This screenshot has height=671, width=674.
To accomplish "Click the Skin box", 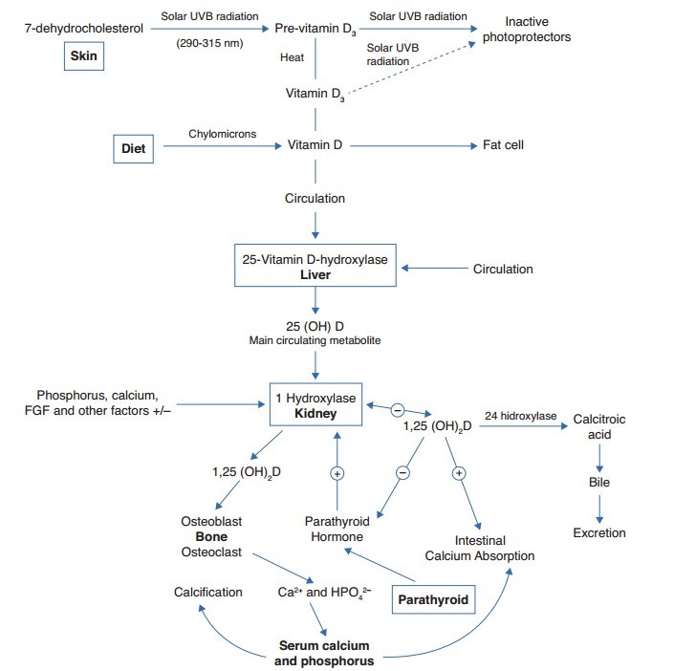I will click(85, 56).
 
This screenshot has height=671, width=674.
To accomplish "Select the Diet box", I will click(132, 148).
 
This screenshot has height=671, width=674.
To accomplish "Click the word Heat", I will click(292, 57).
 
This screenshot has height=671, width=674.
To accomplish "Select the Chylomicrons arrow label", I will click(223, 134).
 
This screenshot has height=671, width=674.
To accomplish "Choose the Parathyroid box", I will click(432, 599).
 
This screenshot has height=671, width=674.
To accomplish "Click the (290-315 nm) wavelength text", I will click(208, 43).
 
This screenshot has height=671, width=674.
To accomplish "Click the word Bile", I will click(598, 483).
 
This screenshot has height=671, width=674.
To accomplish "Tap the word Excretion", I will click(598, 532).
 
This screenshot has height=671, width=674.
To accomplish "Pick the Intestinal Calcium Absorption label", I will click(481, 547).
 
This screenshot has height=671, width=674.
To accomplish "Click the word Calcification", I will click(207, 592).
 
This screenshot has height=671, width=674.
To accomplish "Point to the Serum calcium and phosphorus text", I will click(323, 653).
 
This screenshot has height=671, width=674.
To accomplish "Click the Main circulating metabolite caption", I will click(315, 339).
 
